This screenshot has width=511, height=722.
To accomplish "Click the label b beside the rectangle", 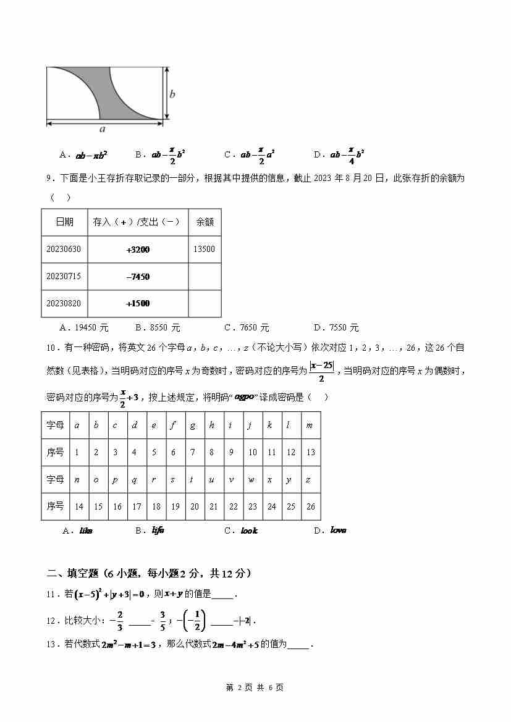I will coord(172,94).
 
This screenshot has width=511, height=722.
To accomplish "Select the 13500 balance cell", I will coord(204,250).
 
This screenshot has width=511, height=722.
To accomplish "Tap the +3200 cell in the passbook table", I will coord(138,250).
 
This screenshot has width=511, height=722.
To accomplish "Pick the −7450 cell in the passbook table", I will coord(138,277).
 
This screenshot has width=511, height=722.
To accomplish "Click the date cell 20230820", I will coord(64,303).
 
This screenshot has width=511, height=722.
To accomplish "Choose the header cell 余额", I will coord(204,222).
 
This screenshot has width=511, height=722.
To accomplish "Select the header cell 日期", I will coord(64,222).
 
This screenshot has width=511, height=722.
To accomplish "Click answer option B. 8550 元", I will coord(158,327).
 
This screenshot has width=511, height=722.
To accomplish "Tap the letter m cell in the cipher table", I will coord(310,425).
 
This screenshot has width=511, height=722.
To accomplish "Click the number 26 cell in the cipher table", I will coord(310,506).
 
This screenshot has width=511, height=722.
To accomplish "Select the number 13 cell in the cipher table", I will coord(310,452).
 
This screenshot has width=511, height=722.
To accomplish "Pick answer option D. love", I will coord(331,530).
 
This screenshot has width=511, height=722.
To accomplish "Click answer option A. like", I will coord(78,531).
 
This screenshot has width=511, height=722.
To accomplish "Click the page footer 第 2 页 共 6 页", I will coord(255,687).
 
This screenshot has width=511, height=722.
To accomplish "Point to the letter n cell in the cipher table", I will coord(77,479).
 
